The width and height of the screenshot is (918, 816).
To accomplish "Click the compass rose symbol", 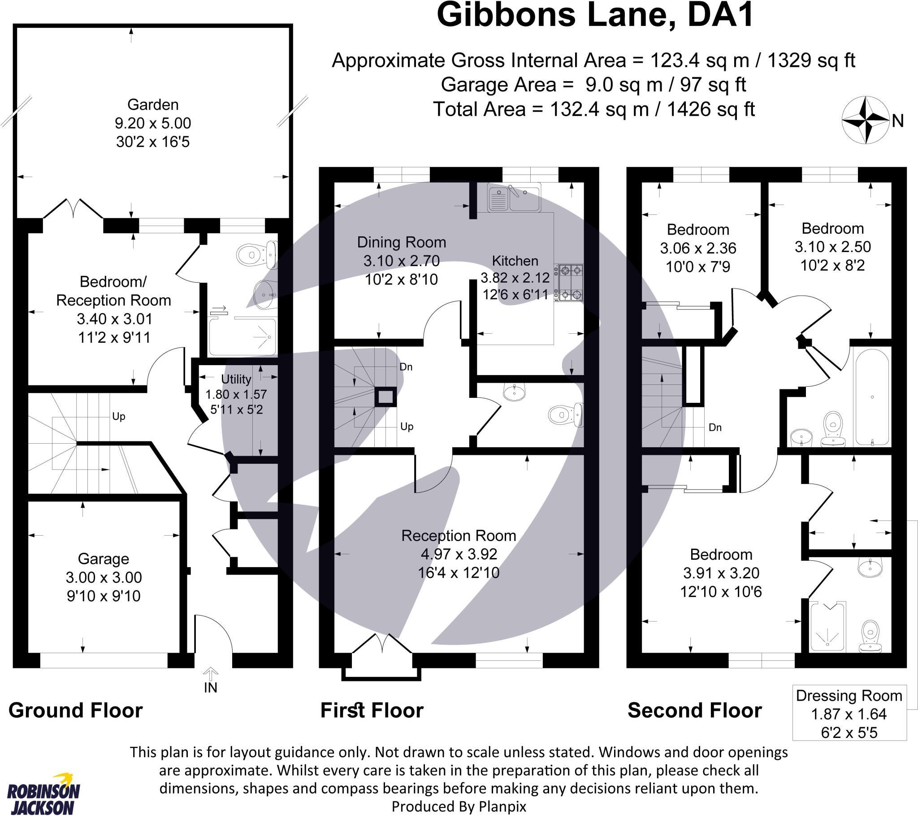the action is coord(865,120).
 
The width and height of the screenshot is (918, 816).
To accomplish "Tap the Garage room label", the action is coord(103,559).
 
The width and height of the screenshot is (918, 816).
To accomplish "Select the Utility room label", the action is coord(236,380).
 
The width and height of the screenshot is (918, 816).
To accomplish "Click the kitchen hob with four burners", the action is coord(568,282).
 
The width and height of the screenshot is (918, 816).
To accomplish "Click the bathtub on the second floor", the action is coord(872,397).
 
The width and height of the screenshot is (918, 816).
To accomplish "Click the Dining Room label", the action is coord(402,242).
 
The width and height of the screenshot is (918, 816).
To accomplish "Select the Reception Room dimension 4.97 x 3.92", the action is coord(459,554).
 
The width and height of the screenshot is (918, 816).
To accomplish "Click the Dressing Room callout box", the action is coord(849,713).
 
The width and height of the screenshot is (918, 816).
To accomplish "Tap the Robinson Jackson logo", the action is coord(43,794).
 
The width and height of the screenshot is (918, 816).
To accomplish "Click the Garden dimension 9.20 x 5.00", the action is coord(153,123).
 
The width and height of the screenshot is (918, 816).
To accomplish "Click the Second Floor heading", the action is coord(694,711).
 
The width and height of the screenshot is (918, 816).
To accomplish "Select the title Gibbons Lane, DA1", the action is coord(595,15).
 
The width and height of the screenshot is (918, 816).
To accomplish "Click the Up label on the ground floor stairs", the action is coord(119,416).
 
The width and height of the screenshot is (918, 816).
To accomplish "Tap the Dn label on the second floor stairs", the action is coord(715,427).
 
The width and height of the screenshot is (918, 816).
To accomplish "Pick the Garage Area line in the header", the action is coord(593,84).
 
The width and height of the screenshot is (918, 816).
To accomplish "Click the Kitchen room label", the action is coord(515,261).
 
